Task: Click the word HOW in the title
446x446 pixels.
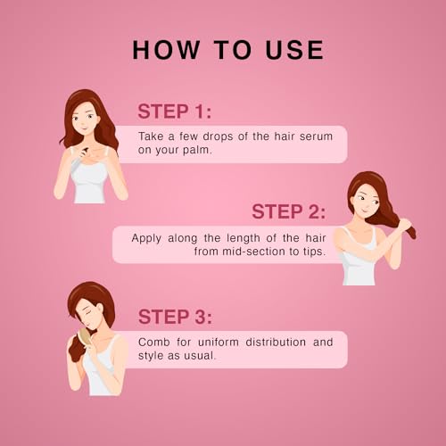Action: click(166, 50)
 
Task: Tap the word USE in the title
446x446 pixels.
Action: click(294, 50)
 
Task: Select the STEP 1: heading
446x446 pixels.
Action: click(175, 111)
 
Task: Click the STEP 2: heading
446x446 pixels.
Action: click(288, 211)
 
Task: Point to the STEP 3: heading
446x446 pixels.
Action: click(175, 317)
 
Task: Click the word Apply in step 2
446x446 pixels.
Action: click(146, 238)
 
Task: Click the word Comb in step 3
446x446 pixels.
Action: click(153, 342)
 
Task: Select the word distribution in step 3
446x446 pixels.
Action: click(276, 342)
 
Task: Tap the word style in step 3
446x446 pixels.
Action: click(151, 356)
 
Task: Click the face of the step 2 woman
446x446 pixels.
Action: click(366, 200)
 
